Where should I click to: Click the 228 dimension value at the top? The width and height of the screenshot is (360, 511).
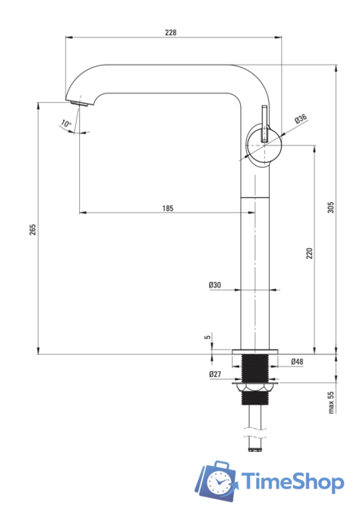[x=170, y=32]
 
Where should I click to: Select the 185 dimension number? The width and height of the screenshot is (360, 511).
[x=168, y=208]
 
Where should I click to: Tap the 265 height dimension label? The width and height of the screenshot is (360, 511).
[x=33, y=230]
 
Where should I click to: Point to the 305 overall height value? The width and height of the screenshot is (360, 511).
[x=330, y=208]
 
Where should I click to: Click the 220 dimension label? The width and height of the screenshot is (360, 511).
[x=309, y=254]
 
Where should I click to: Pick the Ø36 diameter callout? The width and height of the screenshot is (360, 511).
[x=301, y=119]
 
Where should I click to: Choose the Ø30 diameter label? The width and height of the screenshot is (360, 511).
[x=215, y=285]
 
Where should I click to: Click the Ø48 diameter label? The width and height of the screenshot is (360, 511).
[x=297, y=362]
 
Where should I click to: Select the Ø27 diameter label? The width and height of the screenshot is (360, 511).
[x=215, y=374]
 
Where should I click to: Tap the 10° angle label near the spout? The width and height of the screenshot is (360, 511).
[x=65, y=123]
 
